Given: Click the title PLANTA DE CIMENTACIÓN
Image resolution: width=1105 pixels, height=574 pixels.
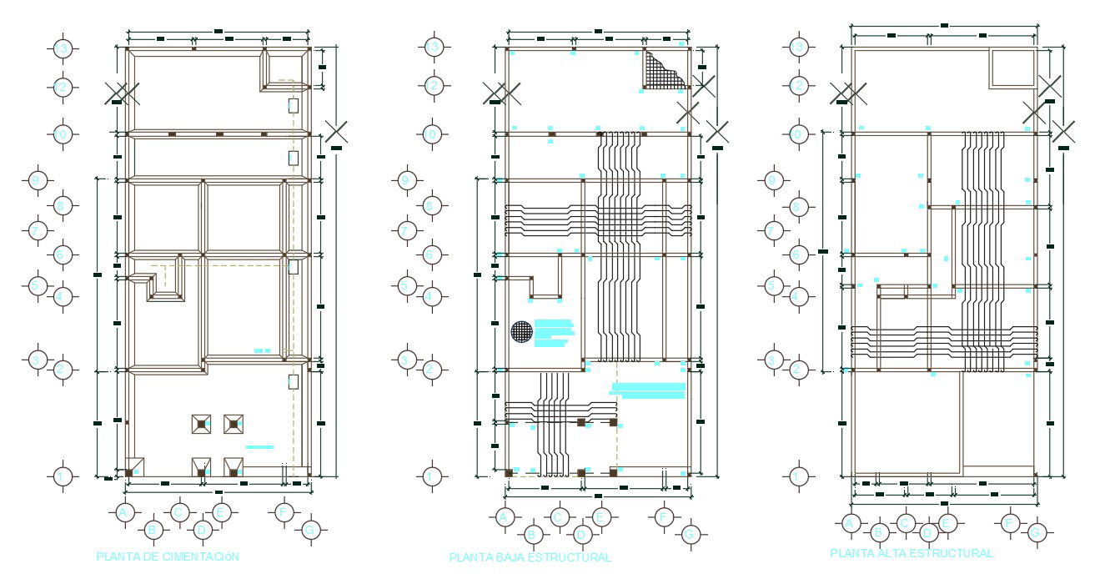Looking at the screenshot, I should click(168, 556).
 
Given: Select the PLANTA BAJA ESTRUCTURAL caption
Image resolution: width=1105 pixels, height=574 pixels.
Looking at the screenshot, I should click(530, 557).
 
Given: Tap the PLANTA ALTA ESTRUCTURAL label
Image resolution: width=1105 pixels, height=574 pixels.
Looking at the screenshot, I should click(912, 553).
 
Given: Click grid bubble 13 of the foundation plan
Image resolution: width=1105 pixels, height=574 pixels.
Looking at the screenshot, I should click(63, 48).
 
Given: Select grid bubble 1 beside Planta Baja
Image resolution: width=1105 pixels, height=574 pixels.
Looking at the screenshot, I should click(431, 476).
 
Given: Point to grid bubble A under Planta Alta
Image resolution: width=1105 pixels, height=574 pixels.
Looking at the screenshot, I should click(850, 523).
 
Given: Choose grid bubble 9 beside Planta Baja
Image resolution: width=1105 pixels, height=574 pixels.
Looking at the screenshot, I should click(406, 180).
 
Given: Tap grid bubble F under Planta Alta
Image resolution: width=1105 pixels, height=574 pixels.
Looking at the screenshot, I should click(1009, 523).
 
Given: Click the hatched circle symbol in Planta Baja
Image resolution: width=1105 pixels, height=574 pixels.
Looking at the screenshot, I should click(521, 331).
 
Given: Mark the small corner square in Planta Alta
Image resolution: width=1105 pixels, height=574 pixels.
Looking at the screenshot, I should click(1012, 68).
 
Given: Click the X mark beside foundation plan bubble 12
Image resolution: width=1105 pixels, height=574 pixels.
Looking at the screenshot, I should click(120, 93).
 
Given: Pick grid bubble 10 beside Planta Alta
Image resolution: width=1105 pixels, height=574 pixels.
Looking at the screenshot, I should click(799, 133).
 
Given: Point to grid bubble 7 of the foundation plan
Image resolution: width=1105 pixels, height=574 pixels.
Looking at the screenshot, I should click(37, 229).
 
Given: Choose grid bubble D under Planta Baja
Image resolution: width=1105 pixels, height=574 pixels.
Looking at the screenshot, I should click(583, 534).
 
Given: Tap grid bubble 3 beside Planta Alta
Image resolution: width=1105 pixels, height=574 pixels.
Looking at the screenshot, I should click(774, 360).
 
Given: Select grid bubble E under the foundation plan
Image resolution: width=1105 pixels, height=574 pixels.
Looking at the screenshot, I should click(221, 512).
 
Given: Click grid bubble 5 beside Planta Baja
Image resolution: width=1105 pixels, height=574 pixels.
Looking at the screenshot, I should click(406, 286).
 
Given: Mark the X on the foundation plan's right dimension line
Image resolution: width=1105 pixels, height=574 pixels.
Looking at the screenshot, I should click(336, 131).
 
